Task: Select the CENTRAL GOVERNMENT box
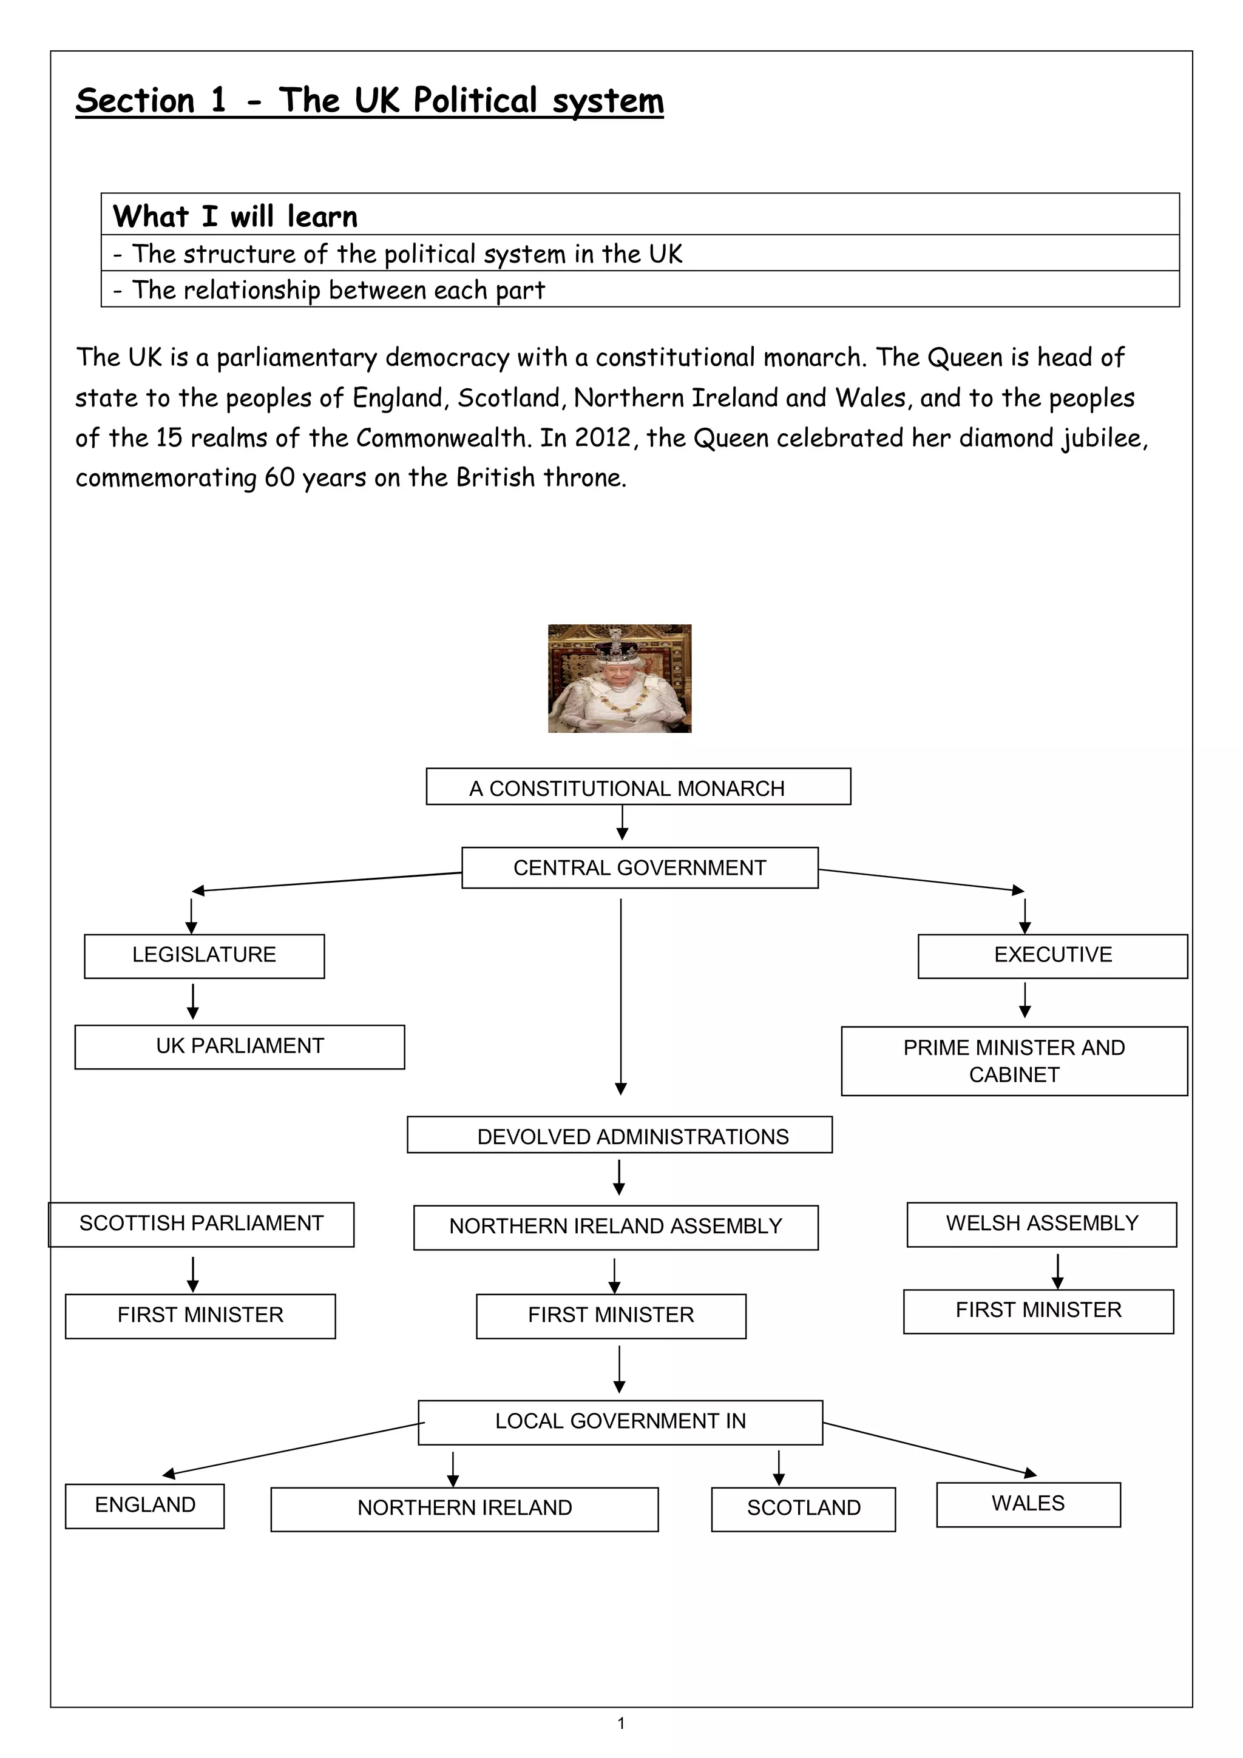[x=640, y=867]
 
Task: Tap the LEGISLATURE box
[x=204, y=955]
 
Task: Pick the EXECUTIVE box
[x=1052, y=955]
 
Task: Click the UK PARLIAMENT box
[x=239, y=1046]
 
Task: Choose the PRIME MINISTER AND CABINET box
[x=1014, y=1060]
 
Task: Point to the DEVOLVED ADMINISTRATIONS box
[x=619, y=1135]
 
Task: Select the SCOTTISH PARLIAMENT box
[x=202, y=1224]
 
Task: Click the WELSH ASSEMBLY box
[x=1041, y=1224]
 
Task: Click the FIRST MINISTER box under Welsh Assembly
[x=1038, y=1312]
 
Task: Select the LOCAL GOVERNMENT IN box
[x=620, y=1423]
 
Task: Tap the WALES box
[x=1028, y=1504]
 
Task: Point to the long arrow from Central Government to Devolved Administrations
[x=621, y=995]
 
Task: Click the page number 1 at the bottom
[x=621, y=1723]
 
